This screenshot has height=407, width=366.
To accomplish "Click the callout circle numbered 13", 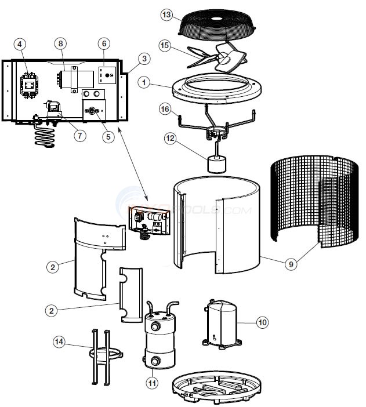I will [x=167, y=15].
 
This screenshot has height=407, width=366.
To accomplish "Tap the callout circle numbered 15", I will [x=165, y=45].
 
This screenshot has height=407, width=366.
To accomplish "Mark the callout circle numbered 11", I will [x=153, y=383].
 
